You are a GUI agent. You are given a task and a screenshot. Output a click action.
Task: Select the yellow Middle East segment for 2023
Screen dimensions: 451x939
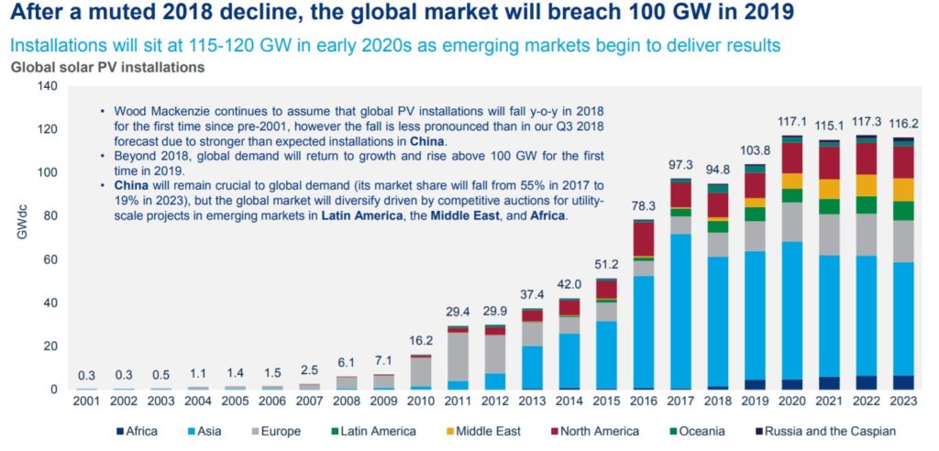pos(903,189)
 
